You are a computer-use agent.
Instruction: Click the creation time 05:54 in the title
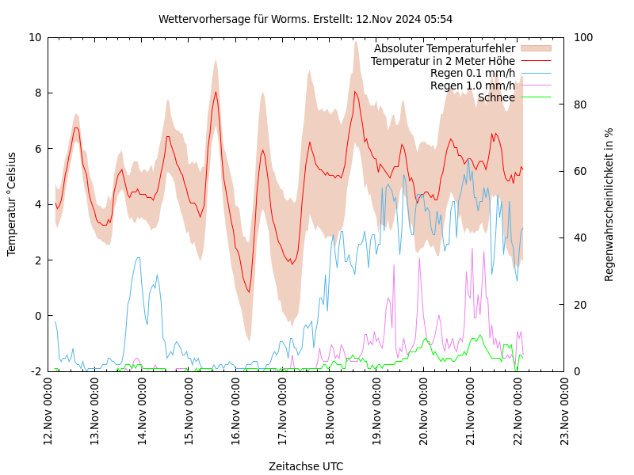[x=438, y=19]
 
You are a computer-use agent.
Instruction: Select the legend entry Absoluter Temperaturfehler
[x=445, y=48]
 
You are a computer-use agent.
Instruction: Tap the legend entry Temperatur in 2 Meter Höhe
[x=443, y=61]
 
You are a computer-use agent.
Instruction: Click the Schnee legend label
[x=496, y=97]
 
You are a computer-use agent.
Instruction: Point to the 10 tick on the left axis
[x=35, y=37]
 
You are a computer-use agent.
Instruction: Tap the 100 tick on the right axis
[x=583, y=37]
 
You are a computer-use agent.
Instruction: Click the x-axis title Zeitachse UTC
[x=306, y=466]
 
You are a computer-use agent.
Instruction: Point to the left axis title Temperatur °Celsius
[x=12, y=204]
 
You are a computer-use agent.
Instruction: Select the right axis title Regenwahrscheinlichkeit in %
[x=609, y=204]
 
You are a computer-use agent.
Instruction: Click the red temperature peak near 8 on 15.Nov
[x=216, y=92]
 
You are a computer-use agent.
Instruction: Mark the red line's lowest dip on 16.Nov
[x=249, y=292]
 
